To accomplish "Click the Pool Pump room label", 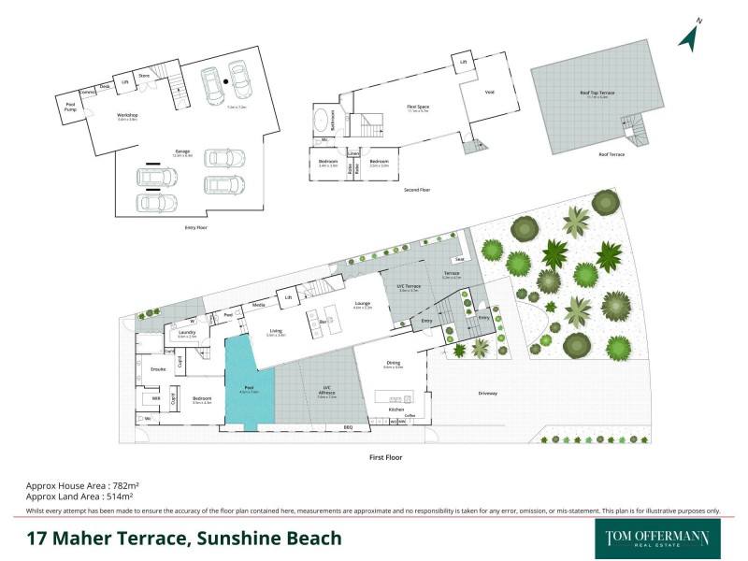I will [x=70, y=108].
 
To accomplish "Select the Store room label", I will [x=144, y=76].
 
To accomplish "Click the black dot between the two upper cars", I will [x=226, y=81].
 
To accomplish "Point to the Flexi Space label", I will [x=417, y=108].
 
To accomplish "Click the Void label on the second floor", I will [x=489, y=92].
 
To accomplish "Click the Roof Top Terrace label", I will [x=591, y=92].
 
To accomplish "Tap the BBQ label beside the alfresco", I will [x=348, y=427].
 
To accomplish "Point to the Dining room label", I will [x=393, y=363].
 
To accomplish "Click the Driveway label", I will [x=487, y=394].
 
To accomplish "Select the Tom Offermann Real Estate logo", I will [x=652, y=539].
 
